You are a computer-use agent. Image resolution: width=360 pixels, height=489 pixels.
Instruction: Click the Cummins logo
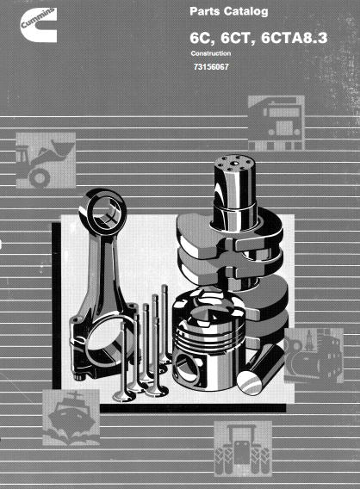point(38,25)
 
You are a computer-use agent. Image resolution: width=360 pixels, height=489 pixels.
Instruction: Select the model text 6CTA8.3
point(295,38)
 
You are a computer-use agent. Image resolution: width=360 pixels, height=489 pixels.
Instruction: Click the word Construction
point(211,53)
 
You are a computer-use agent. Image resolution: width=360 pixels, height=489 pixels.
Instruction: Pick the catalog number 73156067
point(211,67)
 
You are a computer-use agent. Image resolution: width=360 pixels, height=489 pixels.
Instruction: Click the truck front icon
point(276,123)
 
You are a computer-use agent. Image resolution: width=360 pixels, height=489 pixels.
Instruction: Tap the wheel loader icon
point(46,160)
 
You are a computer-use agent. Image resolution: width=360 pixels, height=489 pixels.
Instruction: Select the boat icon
point(71,417)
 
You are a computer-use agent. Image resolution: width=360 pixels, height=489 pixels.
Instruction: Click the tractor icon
point(243,449)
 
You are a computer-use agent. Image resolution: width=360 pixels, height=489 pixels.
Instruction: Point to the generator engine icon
point(313,356)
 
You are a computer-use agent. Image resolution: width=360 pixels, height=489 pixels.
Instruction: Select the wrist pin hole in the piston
point(186,368)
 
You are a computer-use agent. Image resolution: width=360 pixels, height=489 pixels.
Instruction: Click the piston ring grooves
point(207,337)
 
